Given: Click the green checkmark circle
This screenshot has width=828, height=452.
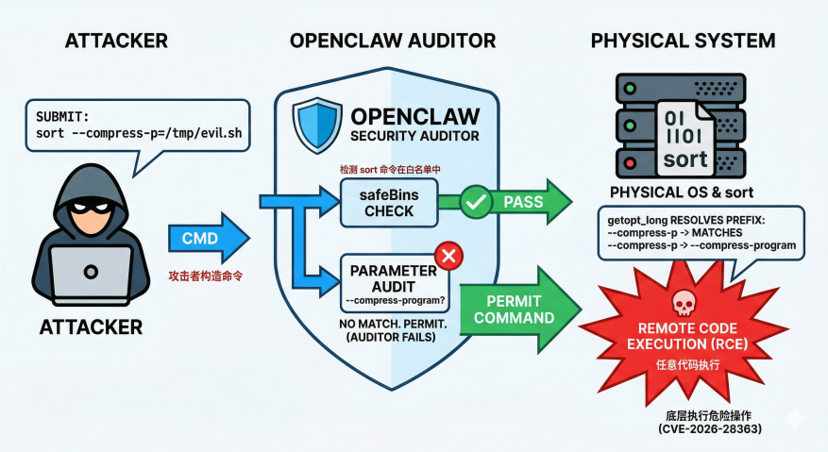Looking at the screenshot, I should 476,202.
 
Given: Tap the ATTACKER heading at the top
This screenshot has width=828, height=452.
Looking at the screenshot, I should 117,42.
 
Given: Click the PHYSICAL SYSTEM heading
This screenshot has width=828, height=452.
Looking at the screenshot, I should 683,42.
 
